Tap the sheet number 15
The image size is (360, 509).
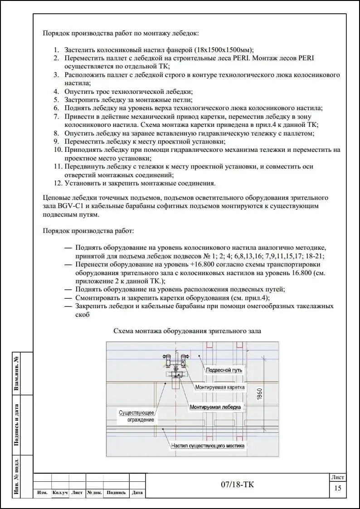click(x=338, y=488)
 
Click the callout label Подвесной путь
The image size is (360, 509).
click(x=224, y=370)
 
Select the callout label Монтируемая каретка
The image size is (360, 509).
click(x=220, y=388)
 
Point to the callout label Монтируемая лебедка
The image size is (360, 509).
click(x=215, y=407)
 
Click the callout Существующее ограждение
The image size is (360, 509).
click(x=137, y=416)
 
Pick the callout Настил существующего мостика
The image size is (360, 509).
click(x=208, y=446)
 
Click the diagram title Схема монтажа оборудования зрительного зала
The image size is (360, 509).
click(x=187, y=331)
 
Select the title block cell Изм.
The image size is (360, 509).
click(x=42, y=493)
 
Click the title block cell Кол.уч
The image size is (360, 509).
click(x=60, y=493)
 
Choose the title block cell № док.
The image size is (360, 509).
click(x=94, y=493)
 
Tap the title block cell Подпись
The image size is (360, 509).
click(x=116, y=493)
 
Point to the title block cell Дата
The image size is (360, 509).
click(x=137, y=493)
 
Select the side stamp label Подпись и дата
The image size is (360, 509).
click(x=17, y=425)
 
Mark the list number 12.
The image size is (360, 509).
click(x=58, y=184)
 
